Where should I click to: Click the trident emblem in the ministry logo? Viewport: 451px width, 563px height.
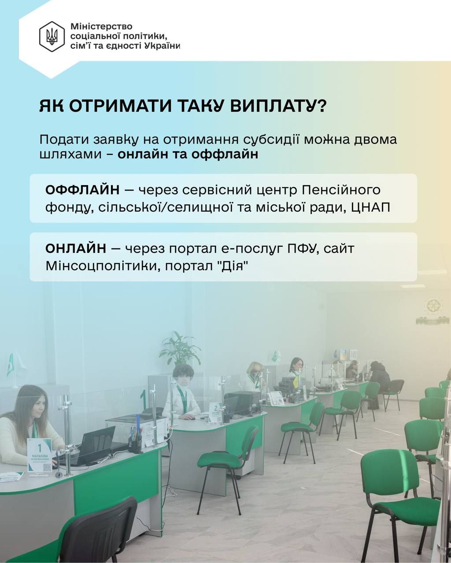click(52, 37)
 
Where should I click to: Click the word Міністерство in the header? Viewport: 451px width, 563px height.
click(101, 26)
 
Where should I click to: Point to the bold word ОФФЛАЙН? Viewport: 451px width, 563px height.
click(82, 190)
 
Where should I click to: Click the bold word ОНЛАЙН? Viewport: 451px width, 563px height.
click(76, 248)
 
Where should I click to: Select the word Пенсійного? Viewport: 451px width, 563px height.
click(341, 190)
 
